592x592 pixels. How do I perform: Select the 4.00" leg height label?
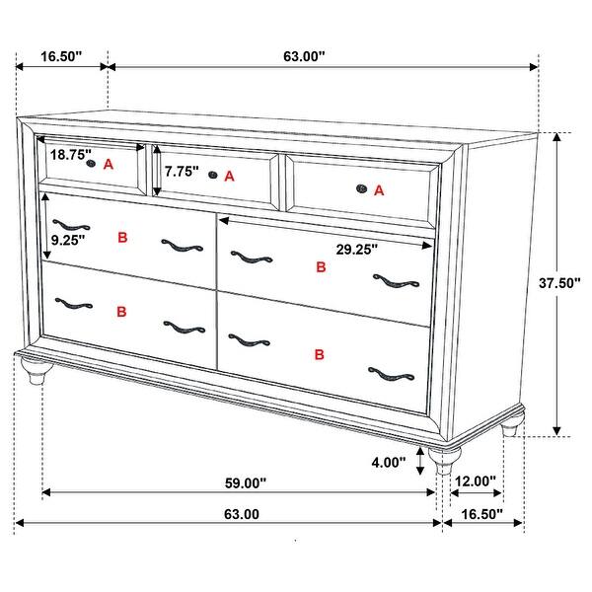point(389,462)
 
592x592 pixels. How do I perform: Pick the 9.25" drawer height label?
point(68,238)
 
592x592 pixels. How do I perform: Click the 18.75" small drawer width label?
point(71,155)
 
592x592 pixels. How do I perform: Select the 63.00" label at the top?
point(304,57)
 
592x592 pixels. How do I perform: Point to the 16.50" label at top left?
point(62,57)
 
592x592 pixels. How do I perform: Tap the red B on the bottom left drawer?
point(121,312)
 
